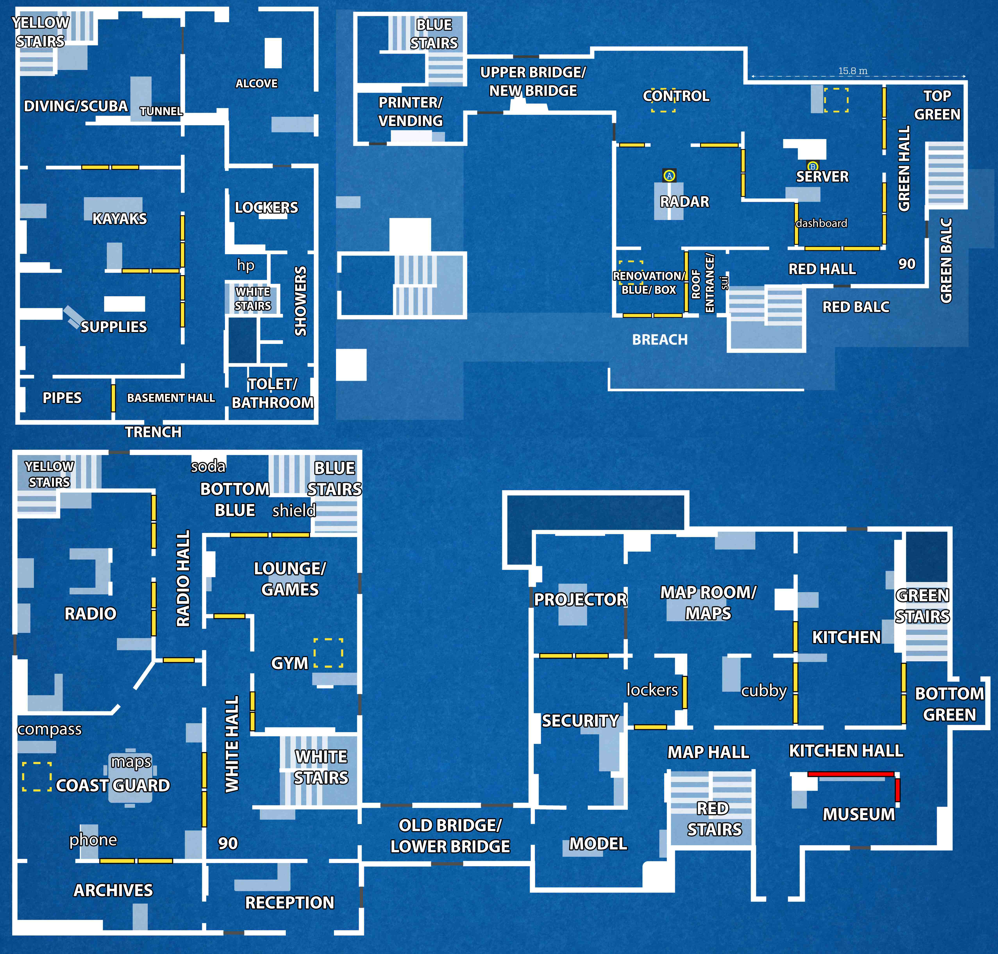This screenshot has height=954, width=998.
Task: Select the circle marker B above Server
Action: pyautogui.click(x=812, y=166)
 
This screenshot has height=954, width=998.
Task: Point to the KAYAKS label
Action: pyautogui.click(x=120, y=219)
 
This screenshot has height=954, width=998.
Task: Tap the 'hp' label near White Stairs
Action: pyautogui.click(x=246, y=265)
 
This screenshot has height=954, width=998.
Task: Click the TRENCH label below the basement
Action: pyautogui.click(x=153, y=432)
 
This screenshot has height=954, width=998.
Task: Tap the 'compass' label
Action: pyautogui.click(x=49, y=729)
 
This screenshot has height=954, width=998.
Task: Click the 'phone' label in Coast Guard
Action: pyautogui.click(x=93, y=839)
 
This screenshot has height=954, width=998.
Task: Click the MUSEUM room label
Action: pyautogui.click(x=859, y=814)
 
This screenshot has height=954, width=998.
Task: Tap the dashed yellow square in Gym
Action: pyautogui.click(x=328, y=652)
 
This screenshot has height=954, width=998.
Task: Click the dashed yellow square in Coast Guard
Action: pyautogui.click(x=37, y=777)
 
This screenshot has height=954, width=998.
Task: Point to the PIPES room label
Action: pyautogui.click(x=62, y=398)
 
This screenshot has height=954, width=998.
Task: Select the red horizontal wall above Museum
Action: pyautogui.click(x=851, y=774)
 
